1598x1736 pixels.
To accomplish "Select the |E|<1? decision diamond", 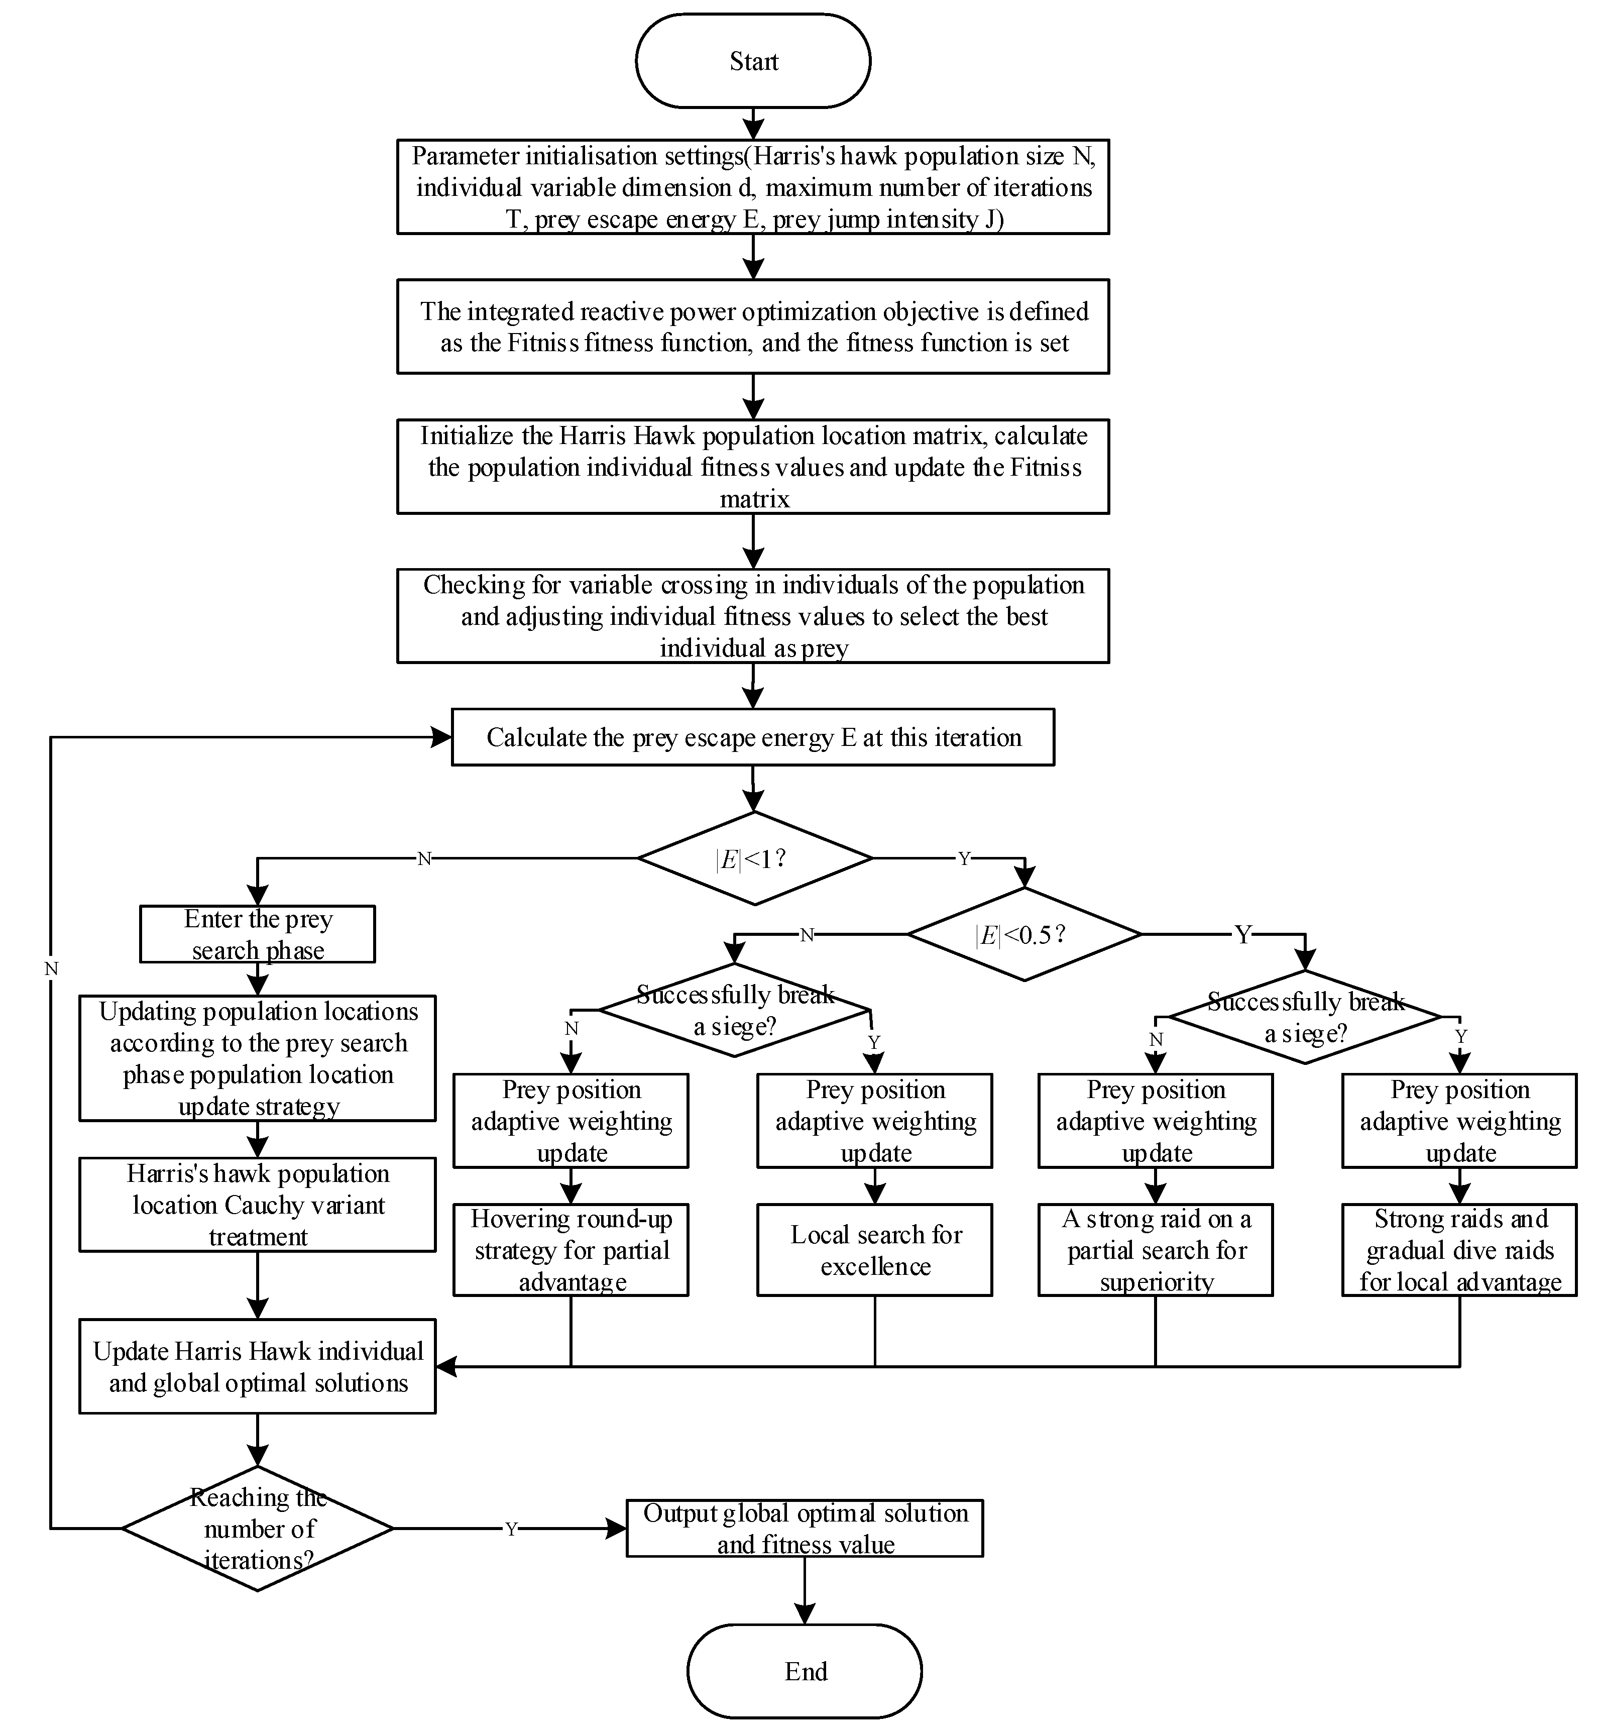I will (x=754, y=858).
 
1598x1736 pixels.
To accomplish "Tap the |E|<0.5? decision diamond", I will (x=1024, y=934).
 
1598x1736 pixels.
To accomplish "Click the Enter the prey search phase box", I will (x=258, y=934).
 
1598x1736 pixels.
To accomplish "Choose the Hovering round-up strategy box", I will (x=570, y=1249).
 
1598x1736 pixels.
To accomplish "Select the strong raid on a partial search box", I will (x=1155, y=1249).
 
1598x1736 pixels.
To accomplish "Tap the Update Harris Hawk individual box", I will (x=258, y=1367).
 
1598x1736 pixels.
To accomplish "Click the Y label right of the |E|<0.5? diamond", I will (x=1242, y=934).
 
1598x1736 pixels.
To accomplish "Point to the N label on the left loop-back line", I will (x=51, y=969).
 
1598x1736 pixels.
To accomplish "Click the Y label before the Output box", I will (x=511, y=1529).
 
